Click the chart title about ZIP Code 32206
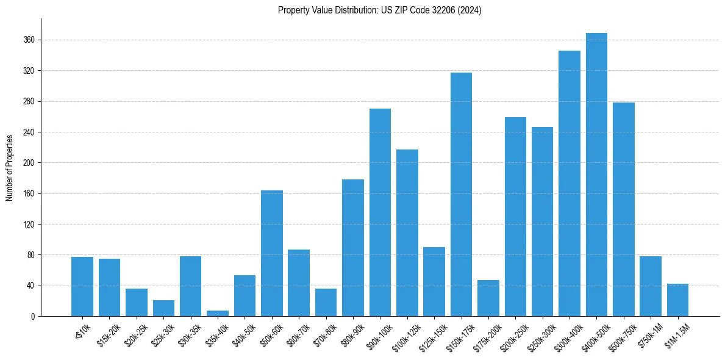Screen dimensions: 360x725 [x=379, y=10]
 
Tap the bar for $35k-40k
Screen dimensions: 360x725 [x=218, y=313]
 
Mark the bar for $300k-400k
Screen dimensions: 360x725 [x=570, y=183]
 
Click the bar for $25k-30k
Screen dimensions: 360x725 [x=163, y=308]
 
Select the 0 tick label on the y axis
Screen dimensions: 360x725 [x=33, y=316]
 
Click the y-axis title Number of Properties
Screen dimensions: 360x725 [x=10, y=167]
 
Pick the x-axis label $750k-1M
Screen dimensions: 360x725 [x=648, y=335]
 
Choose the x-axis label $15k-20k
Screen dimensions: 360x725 [x=107, y=335]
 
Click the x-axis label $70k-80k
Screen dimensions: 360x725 [x=323, y=335]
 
